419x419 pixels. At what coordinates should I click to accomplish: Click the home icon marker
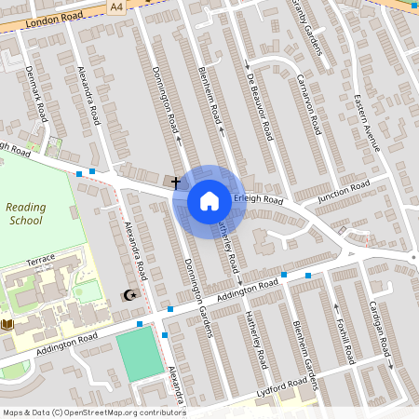tap(209, 200)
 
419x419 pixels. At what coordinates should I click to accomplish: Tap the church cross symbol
tap(175, 183)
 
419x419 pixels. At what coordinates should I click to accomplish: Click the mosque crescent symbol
tap(129, 295)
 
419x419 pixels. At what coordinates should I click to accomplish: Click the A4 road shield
tap(115, 6)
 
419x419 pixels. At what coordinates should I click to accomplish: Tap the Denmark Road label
tap(36, 94)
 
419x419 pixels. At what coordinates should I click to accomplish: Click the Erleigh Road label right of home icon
tap(258, 199)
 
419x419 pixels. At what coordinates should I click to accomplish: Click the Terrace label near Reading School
tap(41, 258)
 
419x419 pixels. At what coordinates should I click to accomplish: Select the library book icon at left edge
tap(8, 324)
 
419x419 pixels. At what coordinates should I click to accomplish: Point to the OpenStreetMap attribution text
tap(93, 412)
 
